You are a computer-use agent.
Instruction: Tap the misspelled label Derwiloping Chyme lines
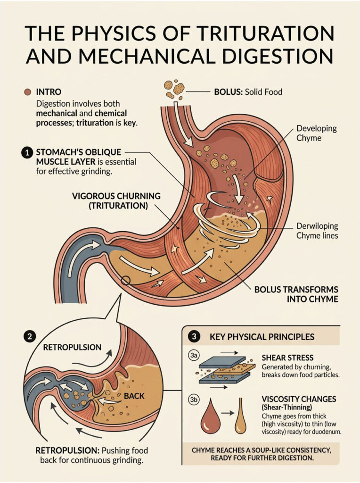(x=317, y=230)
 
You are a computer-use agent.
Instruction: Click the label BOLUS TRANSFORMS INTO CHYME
(x=296, y=294)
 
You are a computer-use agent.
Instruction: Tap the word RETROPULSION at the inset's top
(x=72, y=347)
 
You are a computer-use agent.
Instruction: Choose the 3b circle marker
(x=193, y=400)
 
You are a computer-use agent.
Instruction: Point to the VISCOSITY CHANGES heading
(x=298, y=400)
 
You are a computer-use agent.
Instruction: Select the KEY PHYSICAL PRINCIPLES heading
(x=262, y=337)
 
